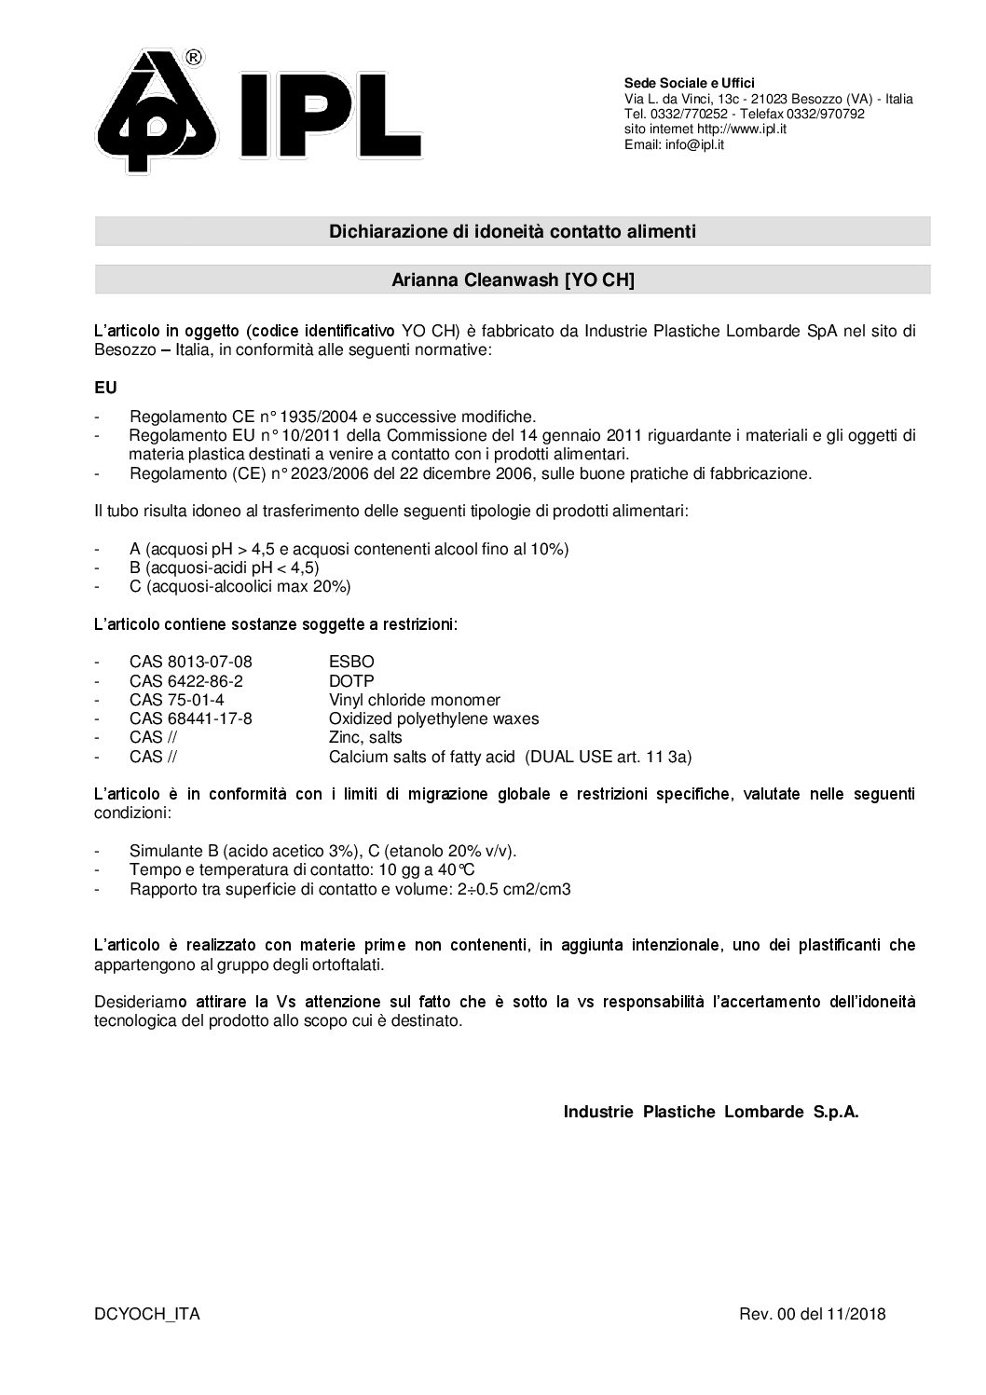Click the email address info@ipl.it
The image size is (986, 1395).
tap(692, 144)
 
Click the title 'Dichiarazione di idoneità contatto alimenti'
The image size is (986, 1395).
tap(512, 231)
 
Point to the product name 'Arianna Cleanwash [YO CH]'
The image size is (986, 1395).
tap(512, 280)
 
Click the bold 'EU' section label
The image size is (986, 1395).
tap(105, 385)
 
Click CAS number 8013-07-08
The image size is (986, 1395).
tap(190, 662)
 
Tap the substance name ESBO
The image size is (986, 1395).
tap(351, 662)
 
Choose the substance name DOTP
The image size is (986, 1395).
tap(351, 681)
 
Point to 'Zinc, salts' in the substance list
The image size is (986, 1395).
tap(365, 738)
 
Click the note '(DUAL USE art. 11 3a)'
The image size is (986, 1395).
tap(609, 757)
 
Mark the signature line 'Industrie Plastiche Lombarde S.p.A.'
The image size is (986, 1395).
tap(710, 1112)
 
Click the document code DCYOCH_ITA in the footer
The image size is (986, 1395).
tap(146, 1315)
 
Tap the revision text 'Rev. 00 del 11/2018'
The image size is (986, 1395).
tap(812, 1315)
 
